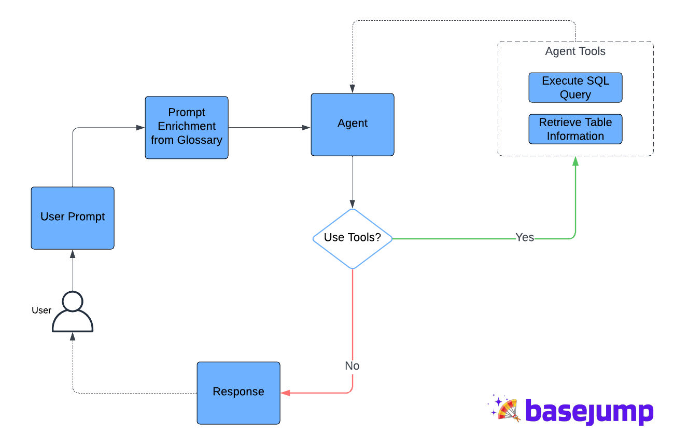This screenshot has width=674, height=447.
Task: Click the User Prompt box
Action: (73, 218)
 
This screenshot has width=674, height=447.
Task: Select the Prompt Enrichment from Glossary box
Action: (187, 127)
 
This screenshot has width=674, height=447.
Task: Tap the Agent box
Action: (353, 125)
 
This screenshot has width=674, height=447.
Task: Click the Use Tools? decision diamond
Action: (353, 239)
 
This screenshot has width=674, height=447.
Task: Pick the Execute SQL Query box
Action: (575, 87)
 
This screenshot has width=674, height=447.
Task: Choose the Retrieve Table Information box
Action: (575, 129)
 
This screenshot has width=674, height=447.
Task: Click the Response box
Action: (238, 393)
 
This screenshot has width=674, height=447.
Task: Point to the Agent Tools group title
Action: (575, 51)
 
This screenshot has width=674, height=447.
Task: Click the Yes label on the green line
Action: (525, 237)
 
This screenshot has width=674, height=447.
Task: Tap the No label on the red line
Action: (352, 365)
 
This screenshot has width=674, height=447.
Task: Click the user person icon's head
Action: (73, 301)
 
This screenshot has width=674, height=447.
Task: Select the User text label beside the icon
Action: (41, 310)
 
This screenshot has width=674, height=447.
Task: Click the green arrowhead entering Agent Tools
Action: (575, 161)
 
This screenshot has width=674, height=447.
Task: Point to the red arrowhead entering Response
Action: (286, 393)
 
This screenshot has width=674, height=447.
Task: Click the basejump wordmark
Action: (589, 412)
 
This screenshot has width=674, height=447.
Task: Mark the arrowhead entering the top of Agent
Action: (353, 89)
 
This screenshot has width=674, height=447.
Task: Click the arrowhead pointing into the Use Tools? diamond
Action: (353, 204)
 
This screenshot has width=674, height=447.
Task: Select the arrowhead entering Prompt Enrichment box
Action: (141, 127)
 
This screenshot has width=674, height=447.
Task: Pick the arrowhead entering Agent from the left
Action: (306, 127)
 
